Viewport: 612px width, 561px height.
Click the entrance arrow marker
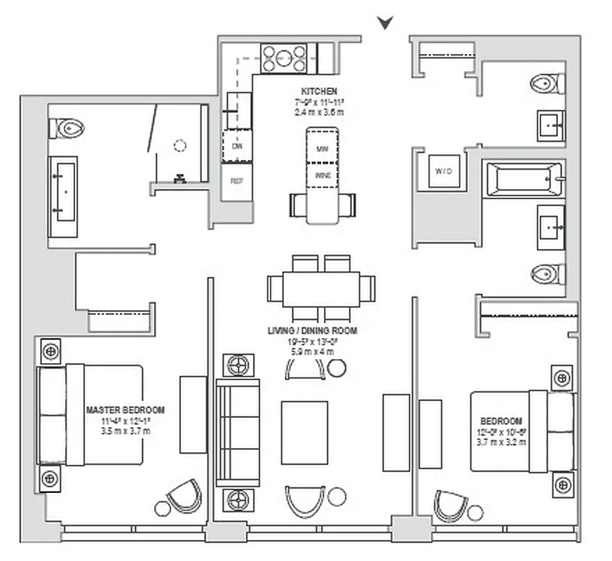pos(384,23)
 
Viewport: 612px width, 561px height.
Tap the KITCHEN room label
pos(319,92)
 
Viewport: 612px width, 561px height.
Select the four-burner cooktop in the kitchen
pos(284,58)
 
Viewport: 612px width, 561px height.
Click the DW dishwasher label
pos(237,147)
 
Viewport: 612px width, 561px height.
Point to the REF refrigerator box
pos(237,180)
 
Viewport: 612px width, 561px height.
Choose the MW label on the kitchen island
pos(322,149)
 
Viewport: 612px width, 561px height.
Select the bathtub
pos(524,180)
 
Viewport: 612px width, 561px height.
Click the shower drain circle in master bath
pos(180,146)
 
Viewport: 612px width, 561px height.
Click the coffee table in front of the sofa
pos(304,432)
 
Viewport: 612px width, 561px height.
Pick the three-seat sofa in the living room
pos(237,433)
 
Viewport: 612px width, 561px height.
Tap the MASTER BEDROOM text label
pos(125,410)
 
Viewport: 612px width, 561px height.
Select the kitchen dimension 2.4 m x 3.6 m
pos(319,111)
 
